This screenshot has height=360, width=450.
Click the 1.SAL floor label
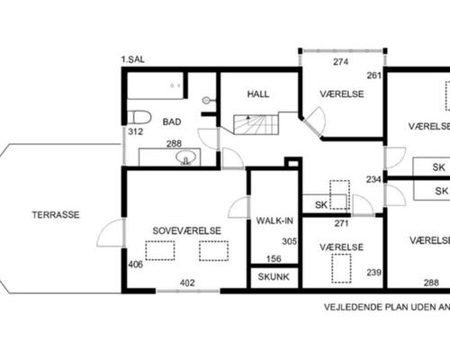(x=132, y=60)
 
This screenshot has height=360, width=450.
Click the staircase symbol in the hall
(x=256, y=122)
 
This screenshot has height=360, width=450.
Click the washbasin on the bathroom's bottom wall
(x=186, y=159)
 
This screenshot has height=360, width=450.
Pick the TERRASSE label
(x=56, y=215)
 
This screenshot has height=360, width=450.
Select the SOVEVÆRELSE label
(x=186, y=230)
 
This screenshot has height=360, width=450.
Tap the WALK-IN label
(x=273, y=220)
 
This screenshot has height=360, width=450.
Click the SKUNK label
(x=274, y=277)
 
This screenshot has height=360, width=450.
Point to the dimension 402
(x=187, y=283)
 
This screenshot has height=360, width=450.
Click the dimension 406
(x=135, y=265)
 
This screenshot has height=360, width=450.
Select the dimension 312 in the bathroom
(x=135, y=132)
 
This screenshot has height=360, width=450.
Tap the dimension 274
(x=340, y=62)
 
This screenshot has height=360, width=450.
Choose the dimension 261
(x=373, y=76)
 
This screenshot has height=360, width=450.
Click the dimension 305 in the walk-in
(x=289, y=241)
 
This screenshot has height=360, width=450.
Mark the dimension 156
(x=274, y=259)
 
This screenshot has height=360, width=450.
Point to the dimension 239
(x=373, y=273)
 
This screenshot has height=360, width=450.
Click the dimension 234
(x=373, y=180)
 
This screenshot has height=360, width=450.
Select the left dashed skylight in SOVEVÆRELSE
(x=160, y=250)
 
